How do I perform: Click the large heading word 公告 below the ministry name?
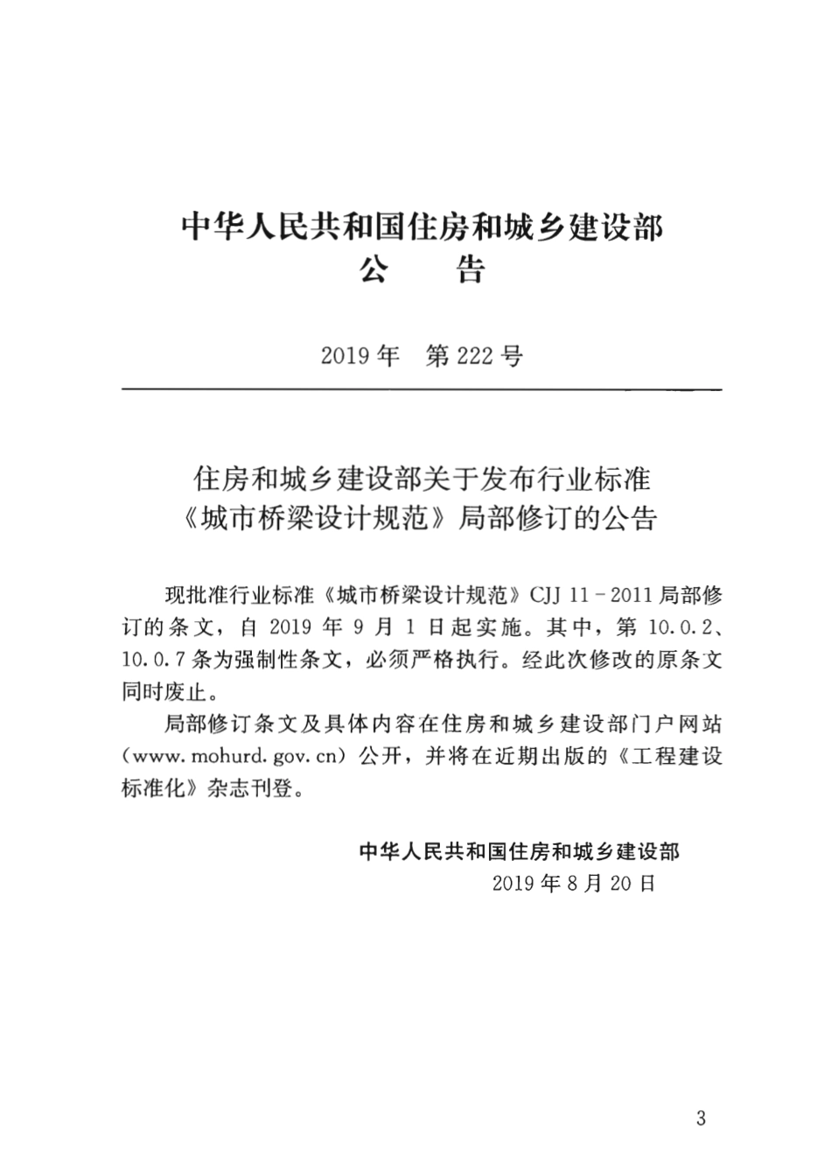pyautogui.click(x=422, y=269)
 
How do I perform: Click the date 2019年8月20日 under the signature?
pyautogui.click(x=574, y=883)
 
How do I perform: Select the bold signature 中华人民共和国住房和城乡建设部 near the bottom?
pyautogui.click(x=520, y=850)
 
